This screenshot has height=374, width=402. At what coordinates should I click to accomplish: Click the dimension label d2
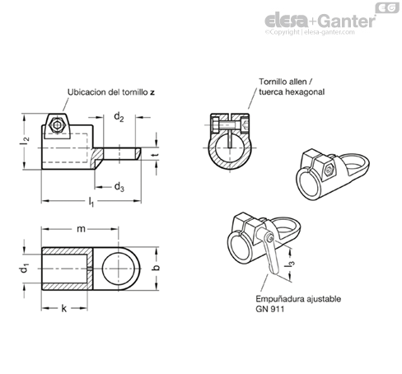[x=119, y=117]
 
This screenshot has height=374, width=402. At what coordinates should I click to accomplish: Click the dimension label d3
[x=119, y=187]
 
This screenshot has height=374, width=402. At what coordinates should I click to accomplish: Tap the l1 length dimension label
[x=91, y=202]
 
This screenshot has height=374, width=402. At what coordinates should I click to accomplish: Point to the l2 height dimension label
[x=25, y=141]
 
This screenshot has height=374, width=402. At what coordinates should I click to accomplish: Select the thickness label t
[x=156, y=155]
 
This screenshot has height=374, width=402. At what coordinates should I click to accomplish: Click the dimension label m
[x=81, y=229]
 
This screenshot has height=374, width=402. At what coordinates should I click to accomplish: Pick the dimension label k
[x=64, y=308]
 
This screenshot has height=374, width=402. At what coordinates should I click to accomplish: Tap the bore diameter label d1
[x=25, y=269]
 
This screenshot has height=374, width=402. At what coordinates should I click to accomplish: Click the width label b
[x=156, y=267]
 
